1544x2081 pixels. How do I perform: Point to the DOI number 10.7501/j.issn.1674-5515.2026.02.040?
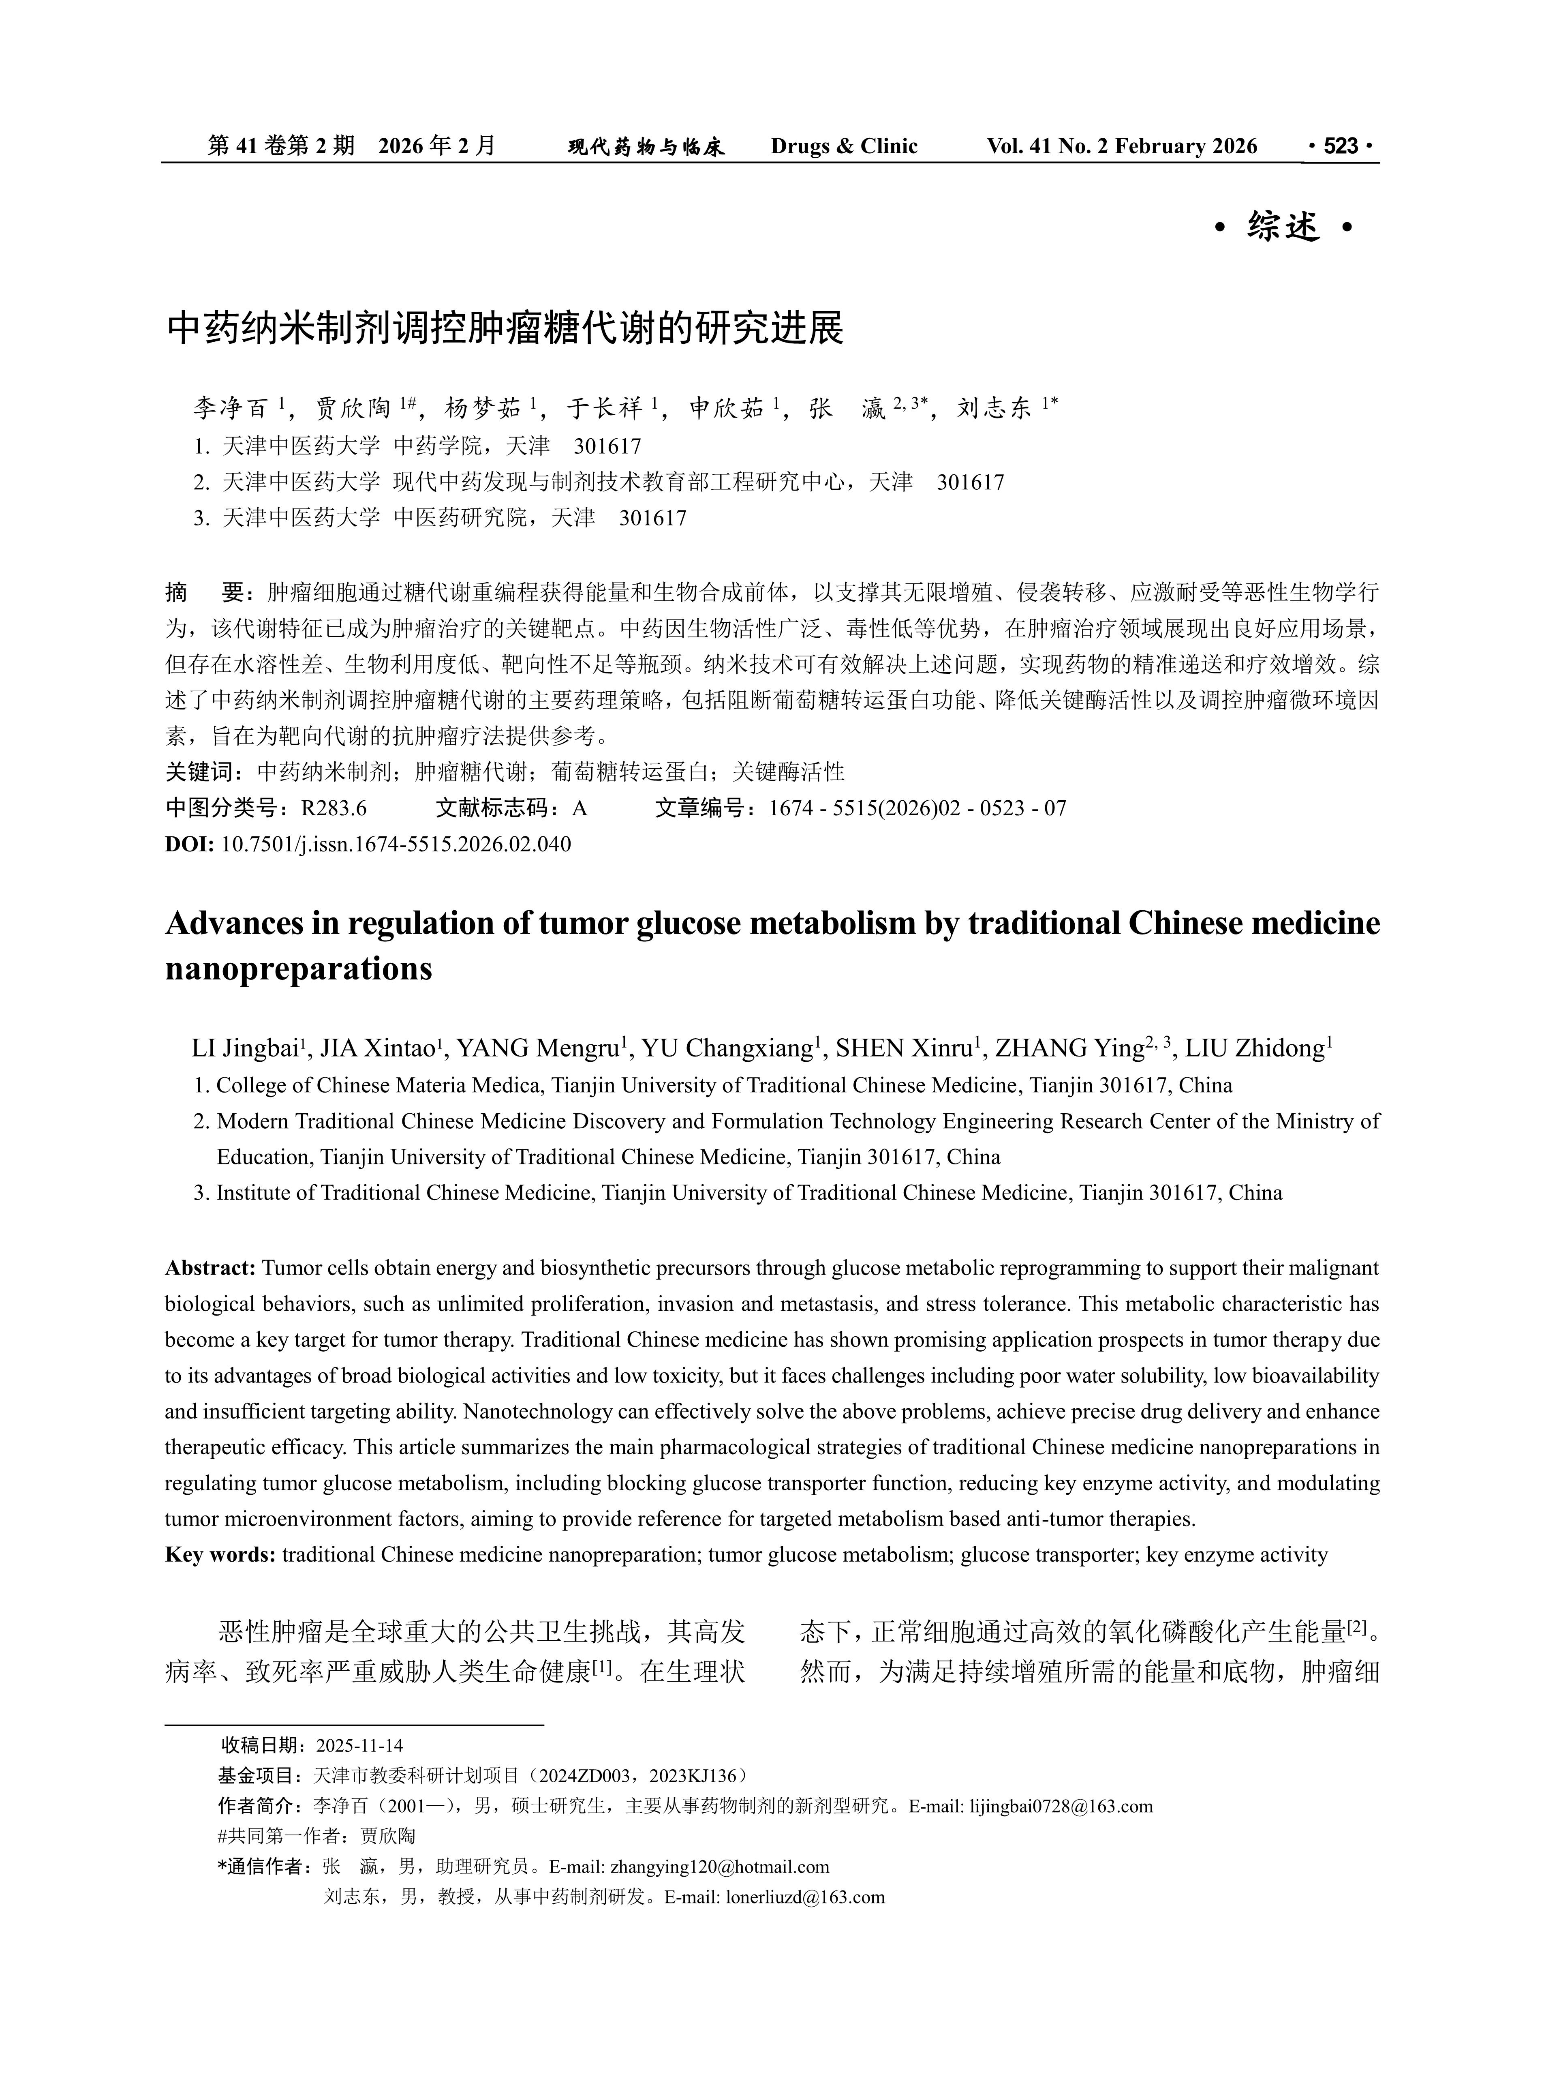point(396,844)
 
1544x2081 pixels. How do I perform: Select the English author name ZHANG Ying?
point(1069,1049)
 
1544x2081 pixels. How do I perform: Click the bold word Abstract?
point(210,1269)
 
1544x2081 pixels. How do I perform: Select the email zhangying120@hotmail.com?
point(720,1867)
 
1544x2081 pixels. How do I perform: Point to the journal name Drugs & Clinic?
point(844,147)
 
